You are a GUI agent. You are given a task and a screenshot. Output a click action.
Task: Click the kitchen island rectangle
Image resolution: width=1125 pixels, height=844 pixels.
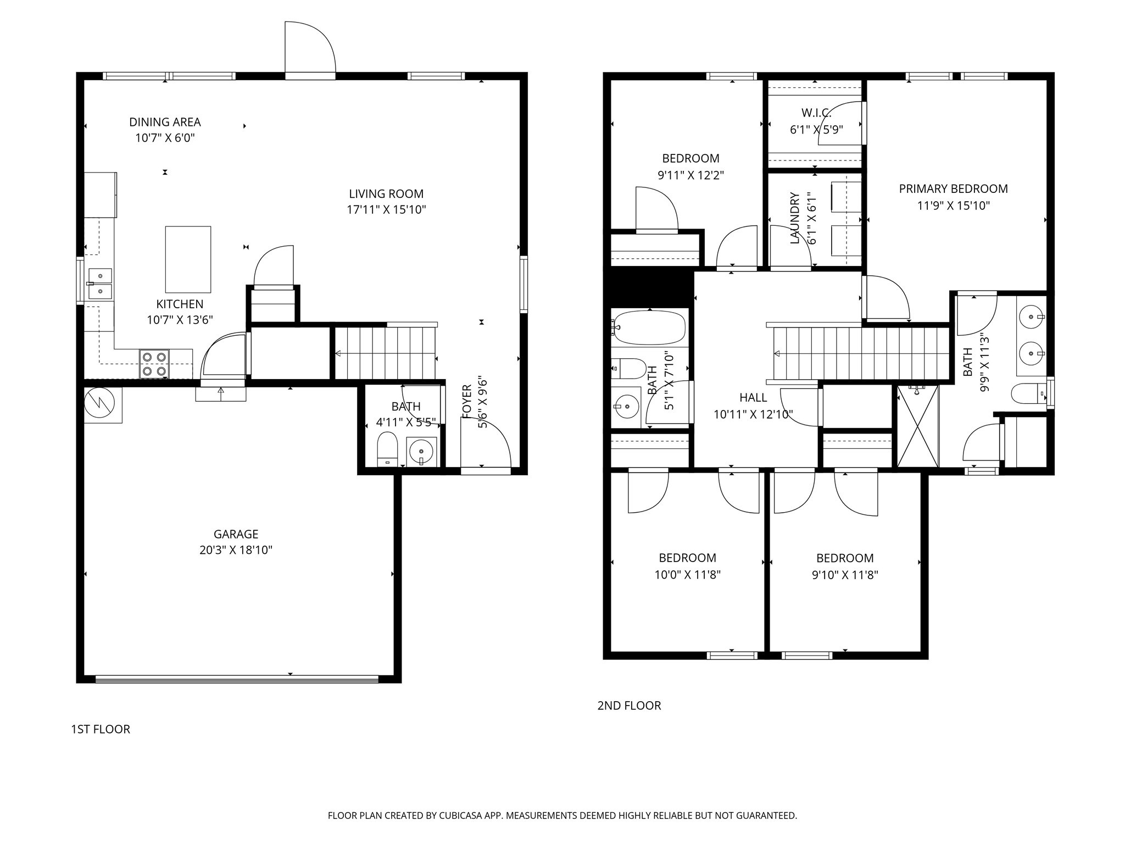[x=188, y=259]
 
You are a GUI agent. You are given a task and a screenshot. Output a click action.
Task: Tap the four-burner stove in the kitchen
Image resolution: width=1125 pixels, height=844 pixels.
[x=154, y=364]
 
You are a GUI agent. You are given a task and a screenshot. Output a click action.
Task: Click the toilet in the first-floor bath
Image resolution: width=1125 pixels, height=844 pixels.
[x=387, y=448]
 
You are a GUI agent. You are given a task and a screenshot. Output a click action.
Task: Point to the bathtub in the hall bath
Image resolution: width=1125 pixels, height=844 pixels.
[x=650, y=327]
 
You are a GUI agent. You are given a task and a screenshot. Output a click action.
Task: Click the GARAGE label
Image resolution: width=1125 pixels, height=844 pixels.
[x=236, y=534]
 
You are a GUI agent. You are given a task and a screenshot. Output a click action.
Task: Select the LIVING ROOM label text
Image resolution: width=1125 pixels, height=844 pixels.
[x=386, y=194]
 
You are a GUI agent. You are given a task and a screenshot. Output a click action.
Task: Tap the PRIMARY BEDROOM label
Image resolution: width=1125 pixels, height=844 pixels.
[x=953, y=189]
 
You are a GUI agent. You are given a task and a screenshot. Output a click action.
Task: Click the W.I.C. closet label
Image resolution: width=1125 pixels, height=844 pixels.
[x=816, y=113]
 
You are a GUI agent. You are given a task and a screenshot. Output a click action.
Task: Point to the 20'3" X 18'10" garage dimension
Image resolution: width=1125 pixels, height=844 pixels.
[x=236, y=550]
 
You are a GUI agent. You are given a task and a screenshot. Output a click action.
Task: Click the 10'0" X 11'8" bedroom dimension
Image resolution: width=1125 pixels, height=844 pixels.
[x=687, y=575]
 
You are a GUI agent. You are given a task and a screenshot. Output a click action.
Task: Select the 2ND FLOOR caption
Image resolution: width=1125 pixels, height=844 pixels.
[x=629, y=706]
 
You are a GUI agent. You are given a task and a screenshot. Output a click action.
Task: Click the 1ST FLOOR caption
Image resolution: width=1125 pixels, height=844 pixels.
[x=101, y=730]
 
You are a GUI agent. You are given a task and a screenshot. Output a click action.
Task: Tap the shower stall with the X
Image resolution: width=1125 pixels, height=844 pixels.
[x=917, y=426]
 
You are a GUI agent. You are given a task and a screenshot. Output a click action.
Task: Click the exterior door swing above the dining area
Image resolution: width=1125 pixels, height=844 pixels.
[x=310, y=47]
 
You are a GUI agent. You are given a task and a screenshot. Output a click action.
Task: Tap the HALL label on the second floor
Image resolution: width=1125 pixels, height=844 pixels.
[x=753, y=398]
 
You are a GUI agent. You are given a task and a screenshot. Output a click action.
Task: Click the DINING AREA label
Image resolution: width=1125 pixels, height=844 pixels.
[x=165, y=122]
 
